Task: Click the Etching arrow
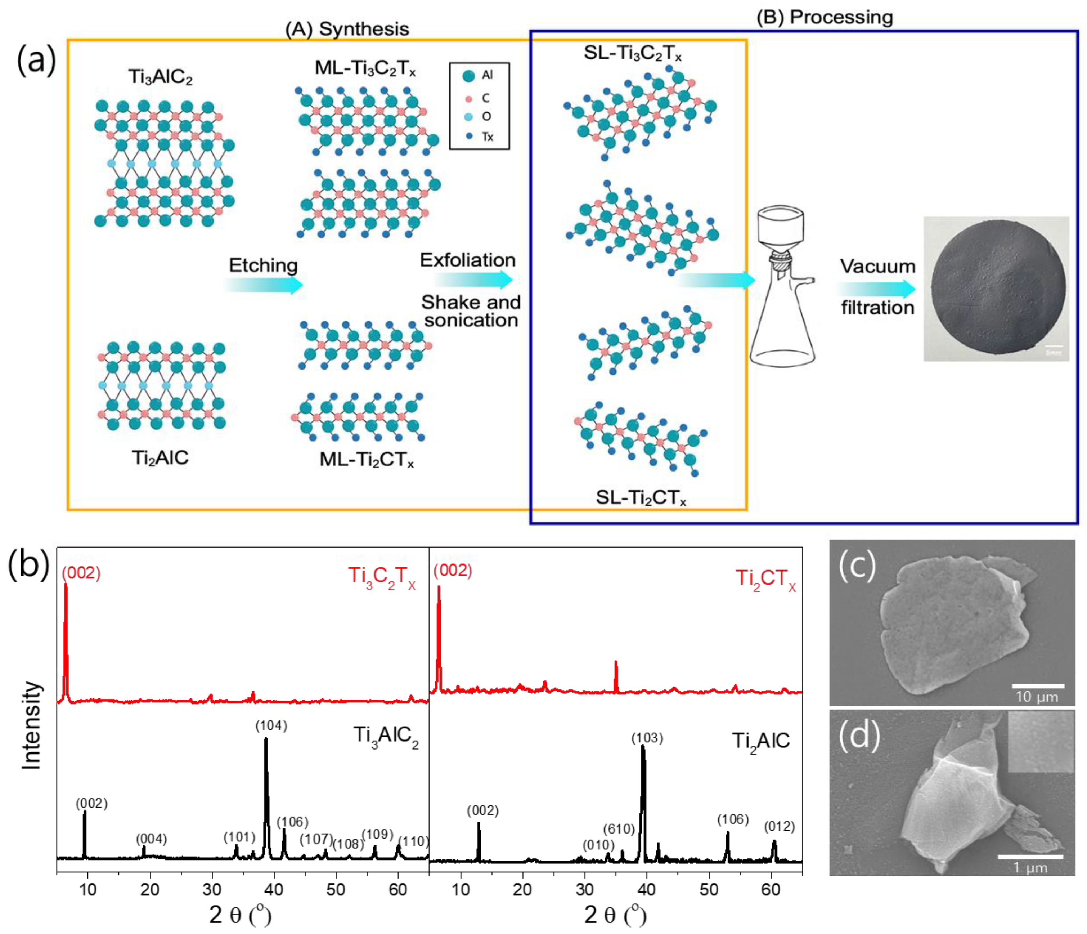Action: point(264,285)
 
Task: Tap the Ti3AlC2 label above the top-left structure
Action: point(161,77)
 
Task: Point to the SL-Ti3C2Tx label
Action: point(633,53)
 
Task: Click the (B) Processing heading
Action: point(824,17)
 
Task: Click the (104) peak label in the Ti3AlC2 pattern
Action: point(271,726)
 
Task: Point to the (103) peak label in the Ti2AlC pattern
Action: point(647,738)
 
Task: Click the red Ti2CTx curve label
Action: point(765,579)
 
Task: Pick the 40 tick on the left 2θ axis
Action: point(274,890)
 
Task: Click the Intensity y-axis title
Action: point(31,726)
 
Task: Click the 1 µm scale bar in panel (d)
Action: point(1030,857)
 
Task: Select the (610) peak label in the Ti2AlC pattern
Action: point(619,829)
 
